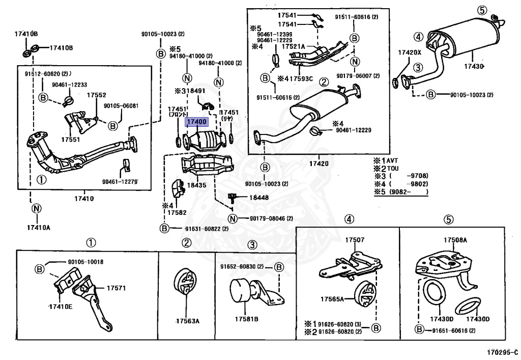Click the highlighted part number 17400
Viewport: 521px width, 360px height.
[x=197, y=122]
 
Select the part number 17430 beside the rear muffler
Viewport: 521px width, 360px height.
[x=472, y=66]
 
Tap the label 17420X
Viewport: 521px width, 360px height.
[x=410, y=52]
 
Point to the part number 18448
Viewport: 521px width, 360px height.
[x=259, y=197]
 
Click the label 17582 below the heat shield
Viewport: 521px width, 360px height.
[x=178, y=212]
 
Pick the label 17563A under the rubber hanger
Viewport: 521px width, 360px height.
[x=187, y=321]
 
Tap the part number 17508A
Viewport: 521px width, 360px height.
[x=455, y=240]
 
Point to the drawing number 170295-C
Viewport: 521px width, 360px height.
[x=502, y=352]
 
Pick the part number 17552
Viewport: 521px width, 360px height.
[x=96, y=95]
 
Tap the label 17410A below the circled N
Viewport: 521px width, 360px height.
[x=38, y=227]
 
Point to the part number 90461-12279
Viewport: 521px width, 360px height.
[x=120, y=181]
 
